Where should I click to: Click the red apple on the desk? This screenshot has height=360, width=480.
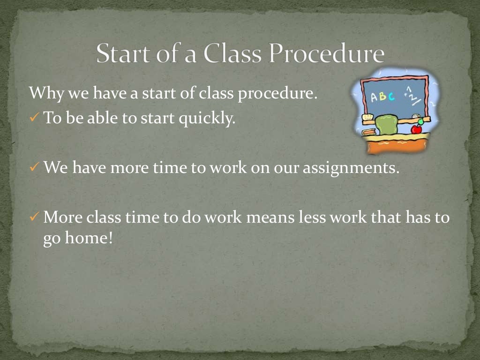click(x=416, y=129)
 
